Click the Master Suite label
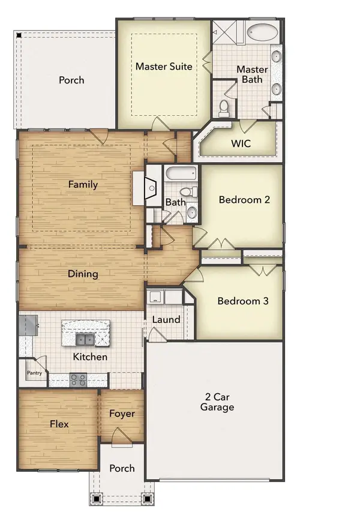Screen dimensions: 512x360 (x=164, y=66)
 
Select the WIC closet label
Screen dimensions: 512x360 (x=241, y=144)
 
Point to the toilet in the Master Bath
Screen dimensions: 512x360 (x=224, y=107)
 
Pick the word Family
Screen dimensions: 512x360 (x=83, y=184)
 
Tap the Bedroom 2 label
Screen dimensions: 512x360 (x=244, y=200)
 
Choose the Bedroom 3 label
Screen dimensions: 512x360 (x=242, y=301)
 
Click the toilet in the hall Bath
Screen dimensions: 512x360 (x=186, y=192)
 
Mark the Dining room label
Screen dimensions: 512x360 (x=83, y=274)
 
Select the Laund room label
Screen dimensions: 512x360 (x=166, y=319)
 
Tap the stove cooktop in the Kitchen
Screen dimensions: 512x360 (x=78, y=379)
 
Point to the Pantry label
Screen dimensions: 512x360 (x=34, y=373)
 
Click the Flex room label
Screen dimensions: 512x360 (x=59, y=424)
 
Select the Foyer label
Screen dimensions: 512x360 (x=122, y=414)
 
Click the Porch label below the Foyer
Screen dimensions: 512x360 (x=122, y=468)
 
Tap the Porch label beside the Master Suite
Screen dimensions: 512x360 (x=71, y=80)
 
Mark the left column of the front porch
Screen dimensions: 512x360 (x=95, y=498)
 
